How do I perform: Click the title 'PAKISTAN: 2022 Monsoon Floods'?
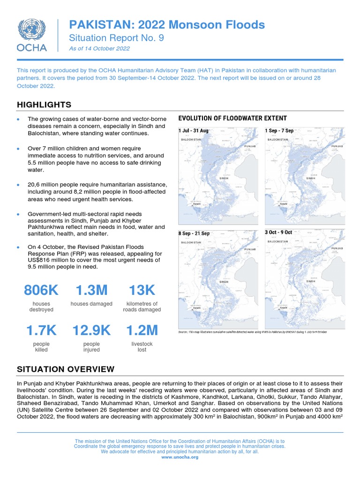[x=167, y=25]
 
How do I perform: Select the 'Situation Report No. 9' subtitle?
[x=116, y=38]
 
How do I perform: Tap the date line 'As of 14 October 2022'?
[x=99, y=49]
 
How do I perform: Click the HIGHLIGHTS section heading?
[x=44, y=105]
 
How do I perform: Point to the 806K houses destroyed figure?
[x=41, y=291]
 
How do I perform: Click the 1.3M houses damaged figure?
[x=91, y=291]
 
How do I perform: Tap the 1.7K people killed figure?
[x=41, y=330]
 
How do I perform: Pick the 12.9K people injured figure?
[x=91, y=330]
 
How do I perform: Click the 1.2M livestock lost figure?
[x=142, y=330]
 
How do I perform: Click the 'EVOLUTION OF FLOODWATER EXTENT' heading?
[x=232, y=119]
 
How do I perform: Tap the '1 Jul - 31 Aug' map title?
[x=193, y=131]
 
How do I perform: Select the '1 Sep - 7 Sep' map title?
[x=279, y=131]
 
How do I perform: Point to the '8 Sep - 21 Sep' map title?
[x=194, y=233]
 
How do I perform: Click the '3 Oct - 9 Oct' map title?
[x=278, y=232]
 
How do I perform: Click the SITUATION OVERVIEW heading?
[x=65, y=369]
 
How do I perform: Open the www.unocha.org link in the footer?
[x=180, y=457]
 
